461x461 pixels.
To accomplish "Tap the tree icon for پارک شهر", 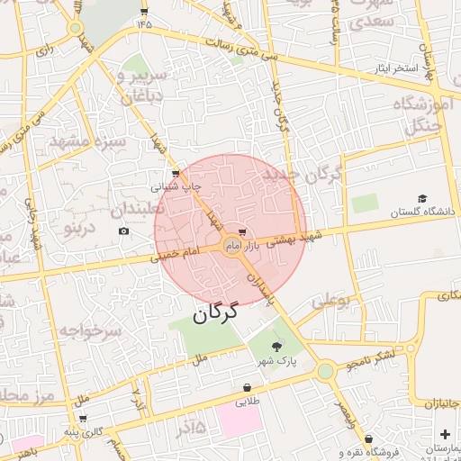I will click(x=276, y=346).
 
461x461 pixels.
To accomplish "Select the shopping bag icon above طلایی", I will click(x=246, y=387).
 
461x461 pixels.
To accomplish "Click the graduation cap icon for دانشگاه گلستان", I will click(x=421, y=198).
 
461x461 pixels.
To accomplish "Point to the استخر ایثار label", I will click(x=398, y=68).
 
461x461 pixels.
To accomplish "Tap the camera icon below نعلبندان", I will click(x=123, y=231).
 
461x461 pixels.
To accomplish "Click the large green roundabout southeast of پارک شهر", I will click(x=326, y=369).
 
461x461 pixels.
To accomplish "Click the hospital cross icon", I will click(x=445, y=434).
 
